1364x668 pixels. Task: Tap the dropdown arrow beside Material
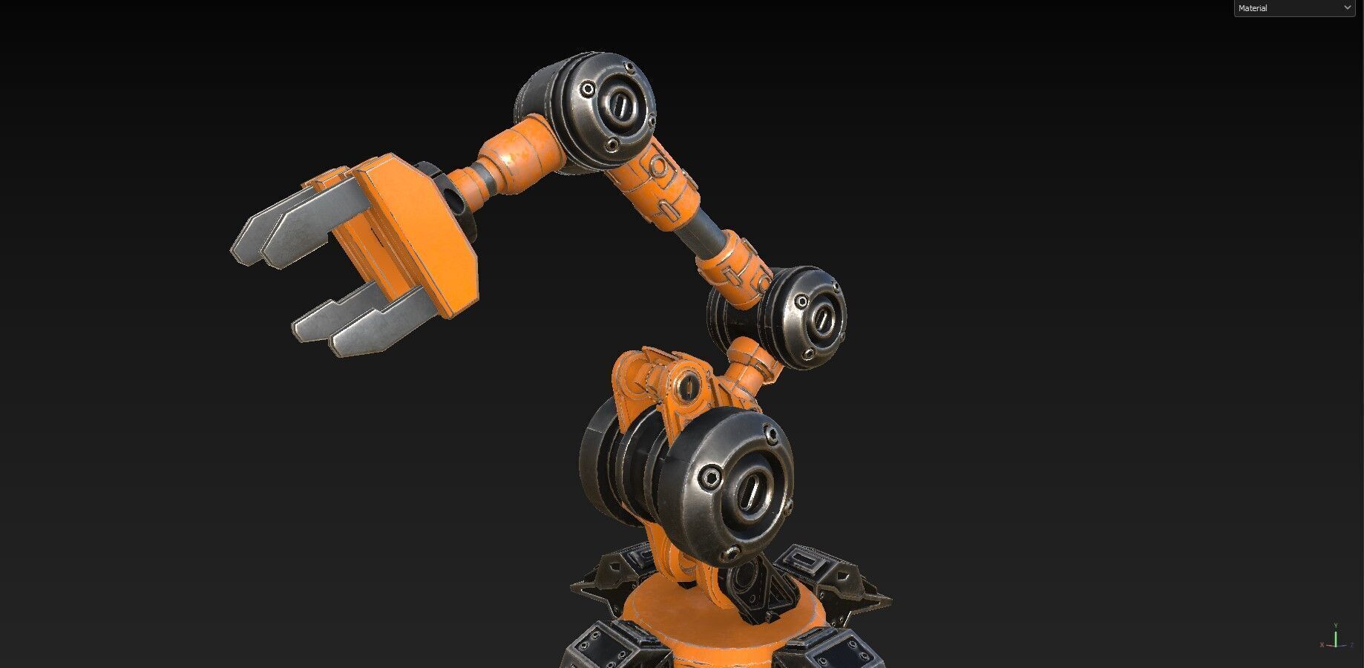pyautogui.click(x=1347, y=8)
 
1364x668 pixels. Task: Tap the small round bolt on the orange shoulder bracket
pyautogui.click(x=688, y=385)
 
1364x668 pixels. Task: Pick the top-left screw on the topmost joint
pyautogui.click(x=588, y=90)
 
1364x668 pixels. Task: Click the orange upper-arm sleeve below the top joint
pyautogui.click(x=660, y=186)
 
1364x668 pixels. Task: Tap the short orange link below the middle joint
pyautogui.click(x=750, y=364)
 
